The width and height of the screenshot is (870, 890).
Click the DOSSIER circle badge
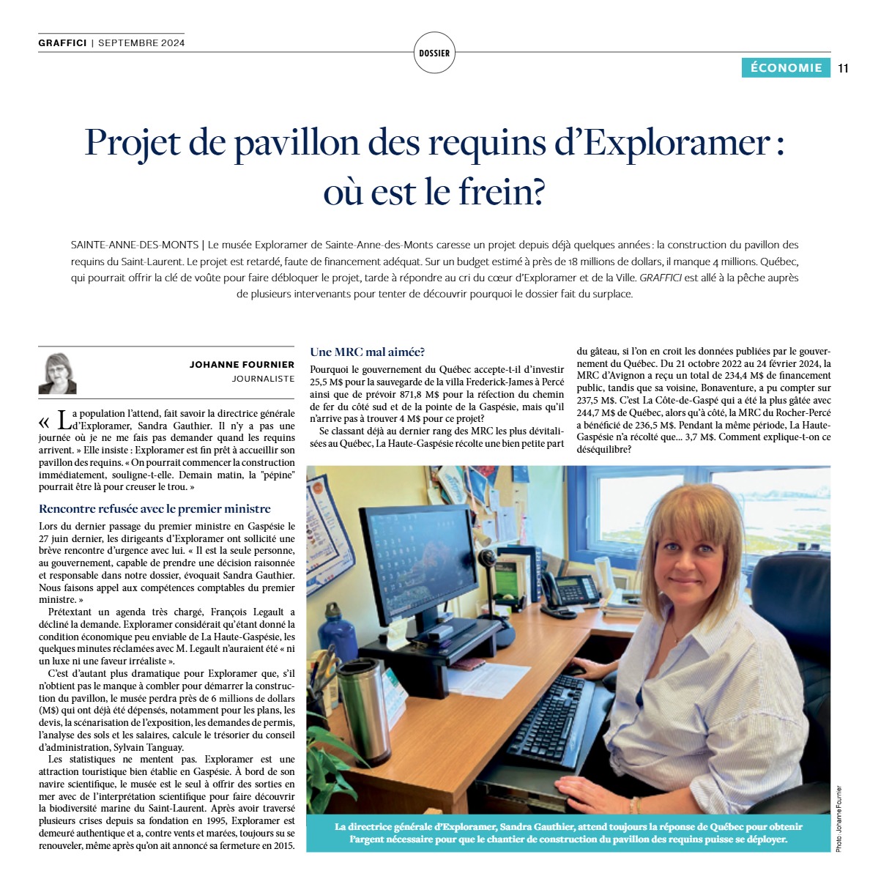tap(434, 53)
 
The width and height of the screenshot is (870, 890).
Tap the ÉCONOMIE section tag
tap(786, 67)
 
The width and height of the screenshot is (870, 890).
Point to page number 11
tap(843, 68)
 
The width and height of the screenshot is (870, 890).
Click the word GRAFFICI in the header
tap(62, 42)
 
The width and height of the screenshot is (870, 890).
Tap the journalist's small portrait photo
tap(58, 374)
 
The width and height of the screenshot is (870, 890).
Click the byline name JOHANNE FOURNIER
tap(242, 364)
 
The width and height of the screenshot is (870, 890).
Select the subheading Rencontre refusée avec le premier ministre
tap(155, 508)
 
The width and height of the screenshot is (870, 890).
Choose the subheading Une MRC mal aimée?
tap(368, 352)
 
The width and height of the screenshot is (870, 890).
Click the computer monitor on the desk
tap(420, 560)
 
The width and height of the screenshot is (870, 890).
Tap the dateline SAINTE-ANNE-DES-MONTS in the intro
tap(135, 245)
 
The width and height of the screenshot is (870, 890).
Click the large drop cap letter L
tap(65, 420)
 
